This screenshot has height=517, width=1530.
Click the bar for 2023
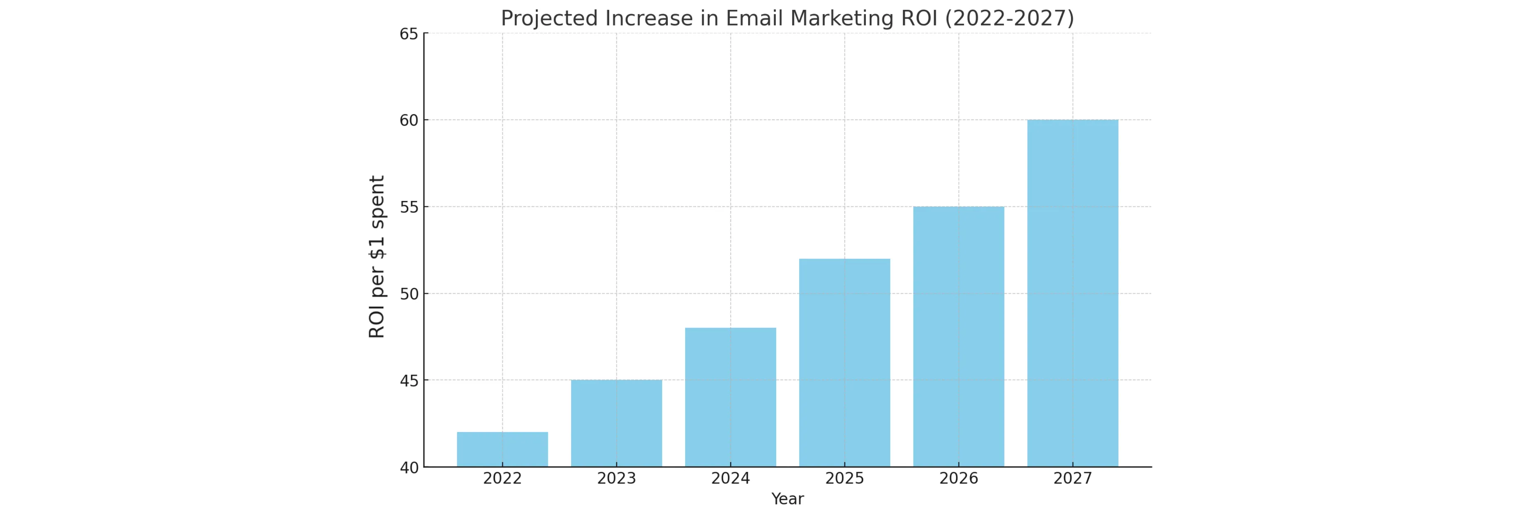[x=616, y=423]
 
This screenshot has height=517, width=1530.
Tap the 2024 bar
[x=730, y=397]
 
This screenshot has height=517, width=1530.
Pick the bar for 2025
[x=844, y=362]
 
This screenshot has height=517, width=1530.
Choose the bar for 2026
[x=958, y=336]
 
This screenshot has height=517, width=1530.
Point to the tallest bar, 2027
[x=1072, y=293]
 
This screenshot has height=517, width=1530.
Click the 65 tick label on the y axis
[x=409, y=34]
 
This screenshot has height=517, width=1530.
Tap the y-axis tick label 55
[x=409, y=207]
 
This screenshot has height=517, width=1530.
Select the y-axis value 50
[x=409, y=294]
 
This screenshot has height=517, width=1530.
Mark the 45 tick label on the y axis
[x=409, y=381]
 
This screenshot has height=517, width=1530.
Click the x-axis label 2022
[x=502, y=479]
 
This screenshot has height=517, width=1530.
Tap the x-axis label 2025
[x=844, y=479]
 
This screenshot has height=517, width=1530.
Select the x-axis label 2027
[x=1072, y=479]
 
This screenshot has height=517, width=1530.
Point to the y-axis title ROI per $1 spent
[x=377, y=257]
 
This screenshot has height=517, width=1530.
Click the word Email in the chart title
[x=755, y=19]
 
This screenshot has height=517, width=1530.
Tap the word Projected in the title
[x=550, y=19]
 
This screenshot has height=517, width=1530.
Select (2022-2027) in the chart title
[x=1009, y=19]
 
